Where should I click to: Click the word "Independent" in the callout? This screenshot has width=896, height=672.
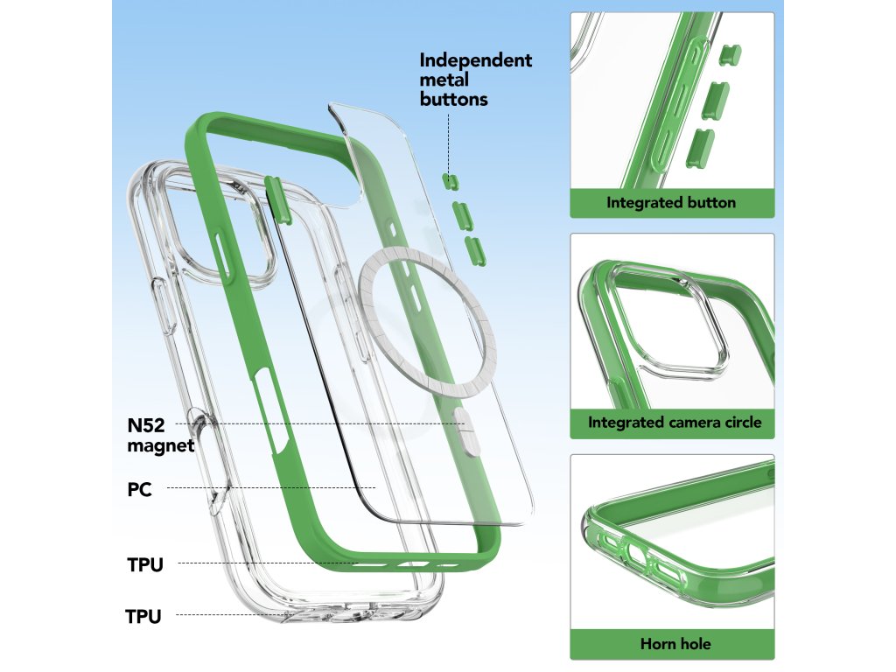pyautogui.click(x=475, y=60)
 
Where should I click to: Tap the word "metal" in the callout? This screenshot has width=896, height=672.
pyautogui.click(x=444, y=80)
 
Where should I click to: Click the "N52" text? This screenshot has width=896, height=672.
pyautogui.click(x=146, y=425)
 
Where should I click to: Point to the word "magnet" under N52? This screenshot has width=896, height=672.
pyautogui.click(x=160, y=445)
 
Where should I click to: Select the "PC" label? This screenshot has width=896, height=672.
pyautogui.click(x=139, y=490)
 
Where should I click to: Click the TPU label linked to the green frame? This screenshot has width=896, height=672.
pyautogui.click(x=145, y=564)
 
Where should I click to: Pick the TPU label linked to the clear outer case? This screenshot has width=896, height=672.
pyautogui.click(x=143, y=617)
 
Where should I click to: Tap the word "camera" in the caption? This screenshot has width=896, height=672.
pyautogui.click(x=697, y=423)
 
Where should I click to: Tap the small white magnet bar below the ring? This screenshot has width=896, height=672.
pyautogui.click(x=466, y=431)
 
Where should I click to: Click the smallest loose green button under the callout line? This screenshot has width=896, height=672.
pyautogui.click(x=450, y=180)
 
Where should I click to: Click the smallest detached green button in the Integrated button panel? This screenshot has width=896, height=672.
pyautogui.click(x=725, y=57)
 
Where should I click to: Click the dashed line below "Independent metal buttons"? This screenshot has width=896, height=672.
pyautogui.click(x=448, y=140)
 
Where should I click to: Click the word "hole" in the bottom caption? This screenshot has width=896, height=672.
pyautogui.click(x=696, y=644)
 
